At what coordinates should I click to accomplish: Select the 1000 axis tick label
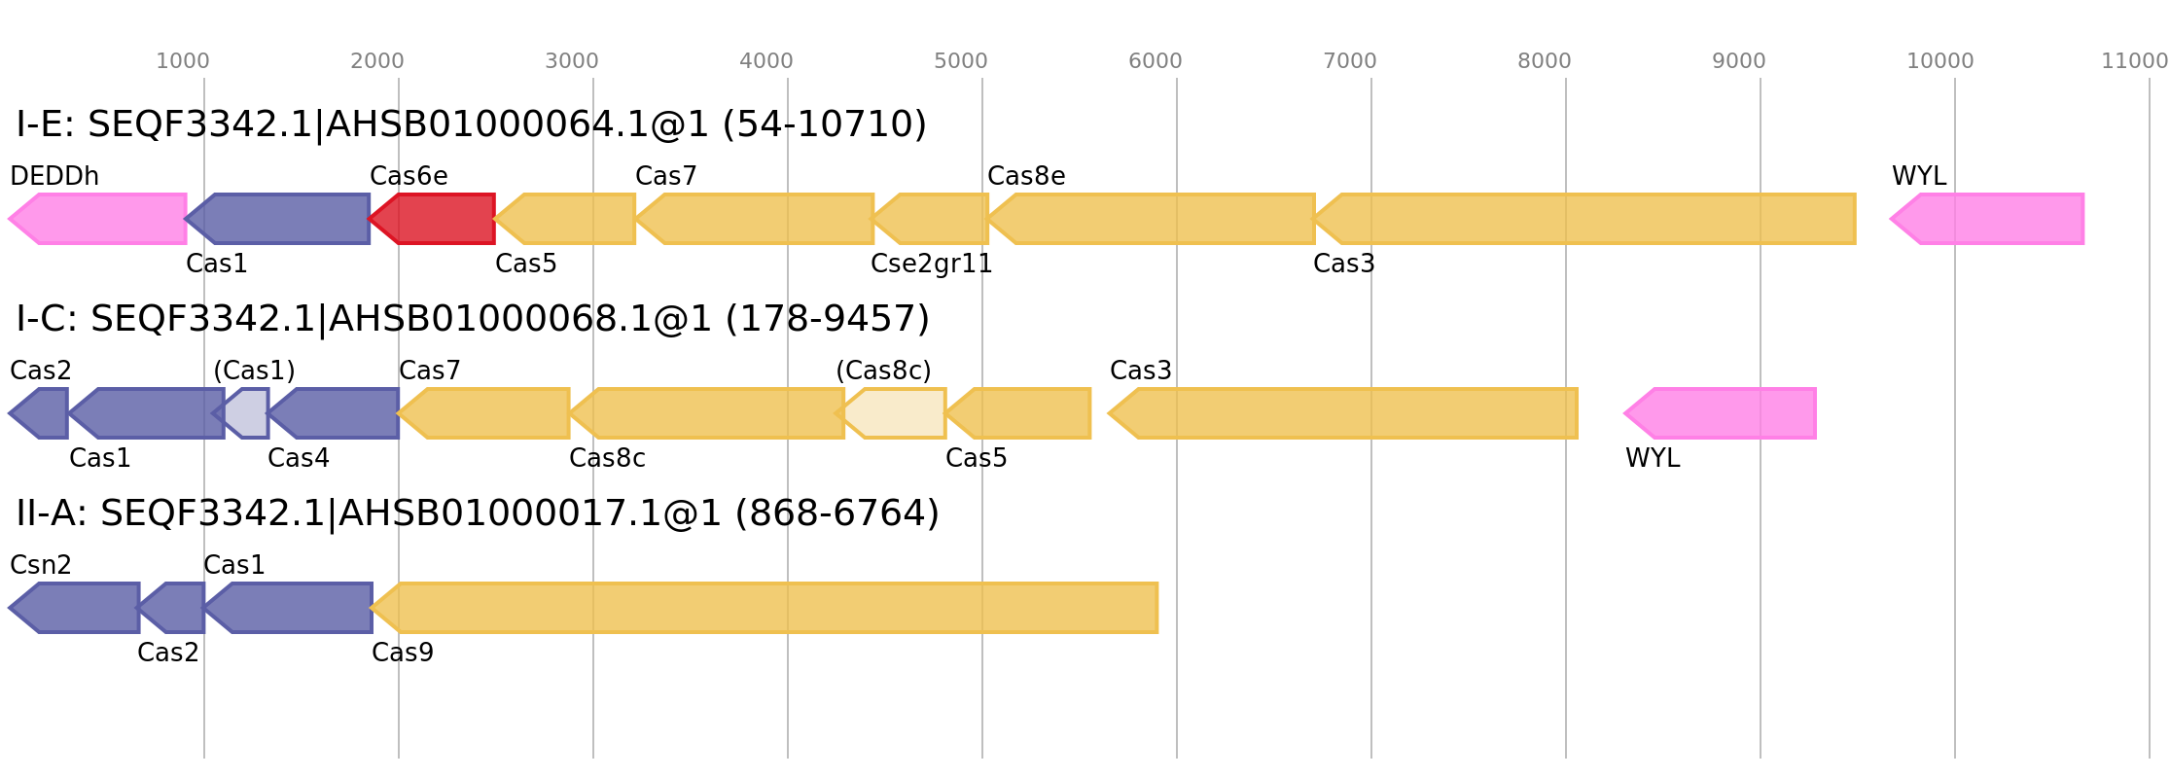(x=183, y=61)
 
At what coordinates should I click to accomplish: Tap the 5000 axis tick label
(x=961, y=61)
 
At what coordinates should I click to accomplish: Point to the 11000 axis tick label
(x=2134, y=61)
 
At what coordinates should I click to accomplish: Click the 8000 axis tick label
(x=1545, y=61)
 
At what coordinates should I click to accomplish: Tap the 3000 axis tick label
(x=572, y=61)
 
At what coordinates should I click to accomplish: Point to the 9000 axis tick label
(x=1739, y=61)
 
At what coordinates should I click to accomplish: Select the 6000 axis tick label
(x=1156, y=61)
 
